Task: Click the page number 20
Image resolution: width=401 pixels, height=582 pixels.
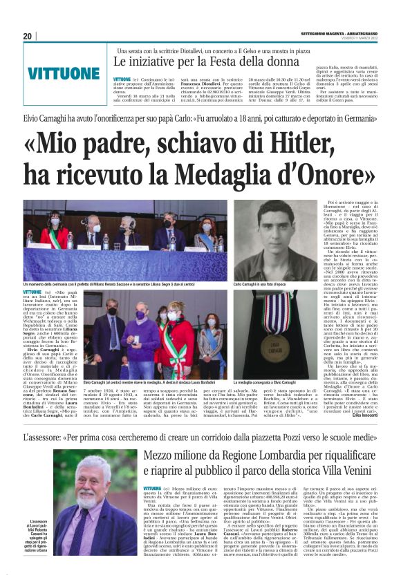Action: pyautogui.click(x=28, y=36)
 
